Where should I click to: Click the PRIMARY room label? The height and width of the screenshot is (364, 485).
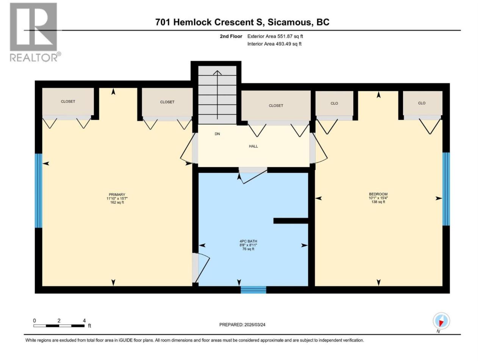coord(117,195)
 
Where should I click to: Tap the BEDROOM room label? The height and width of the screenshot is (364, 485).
coord(378,194)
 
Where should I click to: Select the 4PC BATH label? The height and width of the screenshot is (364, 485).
coord(248,242)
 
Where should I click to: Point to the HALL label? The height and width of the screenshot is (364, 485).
coord(253,146)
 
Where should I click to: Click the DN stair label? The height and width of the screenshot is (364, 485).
coord(217,134)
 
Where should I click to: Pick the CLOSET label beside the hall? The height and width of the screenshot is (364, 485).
coord(276,106)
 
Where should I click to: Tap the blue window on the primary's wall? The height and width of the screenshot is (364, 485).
coord(38,190)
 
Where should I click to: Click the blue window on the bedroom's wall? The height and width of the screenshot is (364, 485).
coord(446,189)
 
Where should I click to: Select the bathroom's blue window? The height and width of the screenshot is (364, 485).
coord(253,290)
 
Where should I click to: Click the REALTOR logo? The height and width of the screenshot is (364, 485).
coord(34,32)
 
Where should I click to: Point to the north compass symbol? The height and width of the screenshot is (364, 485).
coord(441,321)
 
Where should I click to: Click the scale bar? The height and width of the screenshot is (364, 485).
coord(59,326)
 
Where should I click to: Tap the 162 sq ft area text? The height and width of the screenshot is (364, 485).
coord(117,202)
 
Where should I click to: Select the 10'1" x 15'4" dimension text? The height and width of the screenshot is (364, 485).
coord(378,198)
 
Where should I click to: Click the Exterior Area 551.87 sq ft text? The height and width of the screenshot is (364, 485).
coord(275,36)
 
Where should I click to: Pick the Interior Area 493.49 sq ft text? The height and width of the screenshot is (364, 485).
coord(274,44)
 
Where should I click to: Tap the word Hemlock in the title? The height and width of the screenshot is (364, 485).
coord(191,22)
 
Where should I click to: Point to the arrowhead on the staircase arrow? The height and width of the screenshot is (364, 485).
coord(217,73)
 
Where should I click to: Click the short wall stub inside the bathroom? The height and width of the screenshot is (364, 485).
coord(291,221)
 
